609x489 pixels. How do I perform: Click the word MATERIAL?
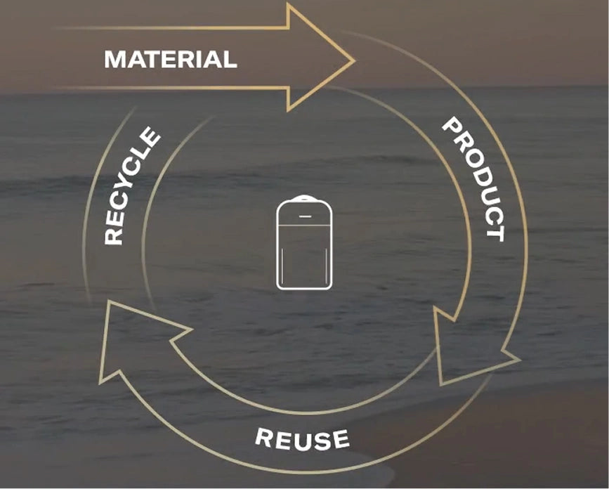point(171,60)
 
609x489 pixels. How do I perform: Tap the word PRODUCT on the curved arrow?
point(475,179)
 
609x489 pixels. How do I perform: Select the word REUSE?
point(302,439)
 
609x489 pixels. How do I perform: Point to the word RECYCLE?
point(131,186)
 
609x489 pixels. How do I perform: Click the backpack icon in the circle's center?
point(304,243)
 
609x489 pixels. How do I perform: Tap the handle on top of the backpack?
point(304,198)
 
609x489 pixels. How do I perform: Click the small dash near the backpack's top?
point(304,216)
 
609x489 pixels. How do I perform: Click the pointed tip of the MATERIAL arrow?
point(354,60)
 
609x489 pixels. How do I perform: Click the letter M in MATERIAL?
point(114,60)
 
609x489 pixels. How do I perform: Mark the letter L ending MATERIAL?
point(230,60)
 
